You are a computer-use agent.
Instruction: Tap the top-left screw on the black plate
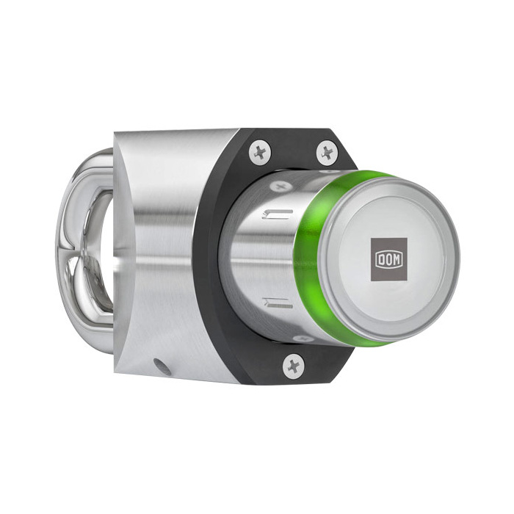(259, 152)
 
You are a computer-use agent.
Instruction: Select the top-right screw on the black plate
(326, 153)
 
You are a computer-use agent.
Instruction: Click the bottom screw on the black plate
(293, 363)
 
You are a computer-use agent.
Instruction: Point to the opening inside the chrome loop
(95, 242)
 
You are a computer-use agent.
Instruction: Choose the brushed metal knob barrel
(257, 257)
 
